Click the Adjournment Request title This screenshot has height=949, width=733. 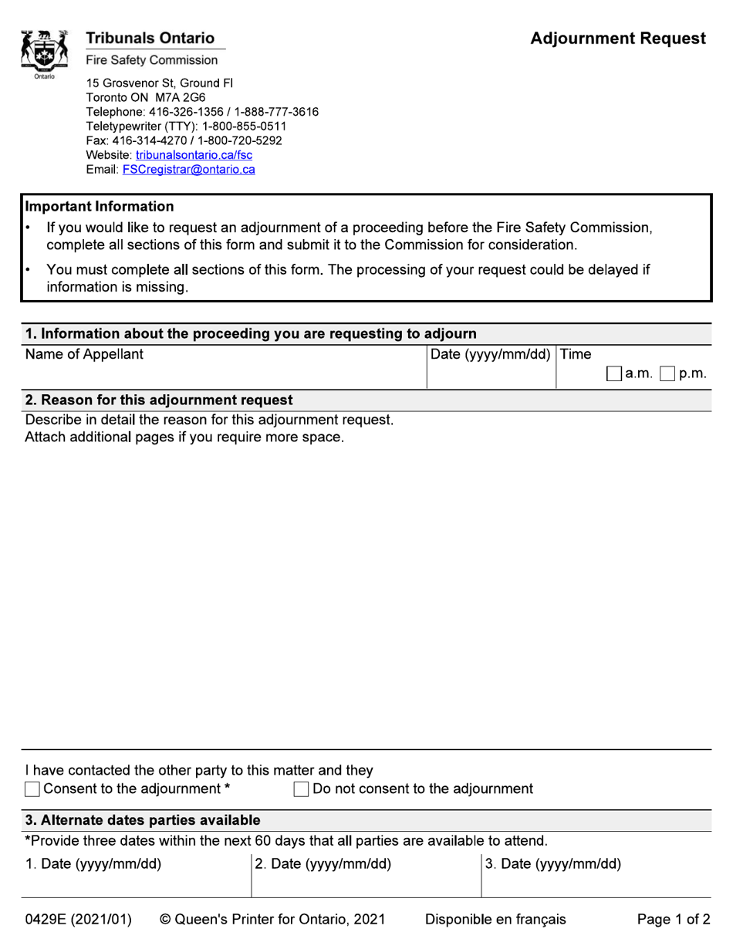tap(618, 39)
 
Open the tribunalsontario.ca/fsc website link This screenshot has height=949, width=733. tap(194, 155)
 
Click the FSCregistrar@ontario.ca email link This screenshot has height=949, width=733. tap(188, 170)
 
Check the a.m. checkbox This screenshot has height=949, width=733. tap(613, 374)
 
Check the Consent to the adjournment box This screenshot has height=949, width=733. tap(32, 789)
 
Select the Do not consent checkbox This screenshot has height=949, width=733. tap(301, 789)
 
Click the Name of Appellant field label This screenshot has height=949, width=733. tap(84, 355)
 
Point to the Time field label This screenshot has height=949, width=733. tap(576, 355)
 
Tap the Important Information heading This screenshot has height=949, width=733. tap(100, 207)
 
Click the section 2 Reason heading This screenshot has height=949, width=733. tap(159, 400)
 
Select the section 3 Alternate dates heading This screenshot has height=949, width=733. tap(143, 820)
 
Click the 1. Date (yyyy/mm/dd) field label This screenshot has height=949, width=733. tap(93, 864)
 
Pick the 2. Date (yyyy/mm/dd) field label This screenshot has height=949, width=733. tap(323, 864)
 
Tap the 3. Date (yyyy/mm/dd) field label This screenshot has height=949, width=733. tap(553, 864)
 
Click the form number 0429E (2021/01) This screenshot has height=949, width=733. tap(79, 920)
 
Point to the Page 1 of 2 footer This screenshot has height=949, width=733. tap(673, 920)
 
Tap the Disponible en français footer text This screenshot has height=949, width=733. tap(495, 920)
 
